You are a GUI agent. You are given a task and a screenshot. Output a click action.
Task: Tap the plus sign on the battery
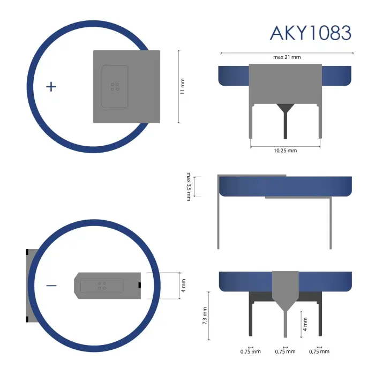click(51, 86)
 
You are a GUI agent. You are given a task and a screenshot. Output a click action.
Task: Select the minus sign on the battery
click(51, 286)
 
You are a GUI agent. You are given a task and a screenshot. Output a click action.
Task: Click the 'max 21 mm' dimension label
click(287, 57)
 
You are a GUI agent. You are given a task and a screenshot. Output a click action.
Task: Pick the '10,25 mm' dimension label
click(285, 151)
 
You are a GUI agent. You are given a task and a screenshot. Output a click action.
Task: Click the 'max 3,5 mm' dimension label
click(189, 186)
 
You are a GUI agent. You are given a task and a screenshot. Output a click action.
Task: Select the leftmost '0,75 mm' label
click(251, 352)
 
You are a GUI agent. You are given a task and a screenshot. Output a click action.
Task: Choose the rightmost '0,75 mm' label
click(319, 352)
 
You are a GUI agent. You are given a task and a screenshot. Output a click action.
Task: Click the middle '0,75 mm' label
click(285, 352)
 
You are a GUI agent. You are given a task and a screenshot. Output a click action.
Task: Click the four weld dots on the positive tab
click(115, 86)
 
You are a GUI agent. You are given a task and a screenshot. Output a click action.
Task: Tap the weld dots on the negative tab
click(102, 286)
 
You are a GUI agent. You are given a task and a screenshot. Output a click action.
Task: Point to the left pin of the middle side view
click(219, 220)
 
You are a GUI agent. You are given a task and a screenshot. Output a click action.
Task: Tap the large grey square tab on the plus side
click(127, 86)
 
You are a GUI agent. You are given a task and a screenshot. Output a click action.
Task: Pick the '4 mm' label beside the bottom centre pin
click(305, 324)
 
